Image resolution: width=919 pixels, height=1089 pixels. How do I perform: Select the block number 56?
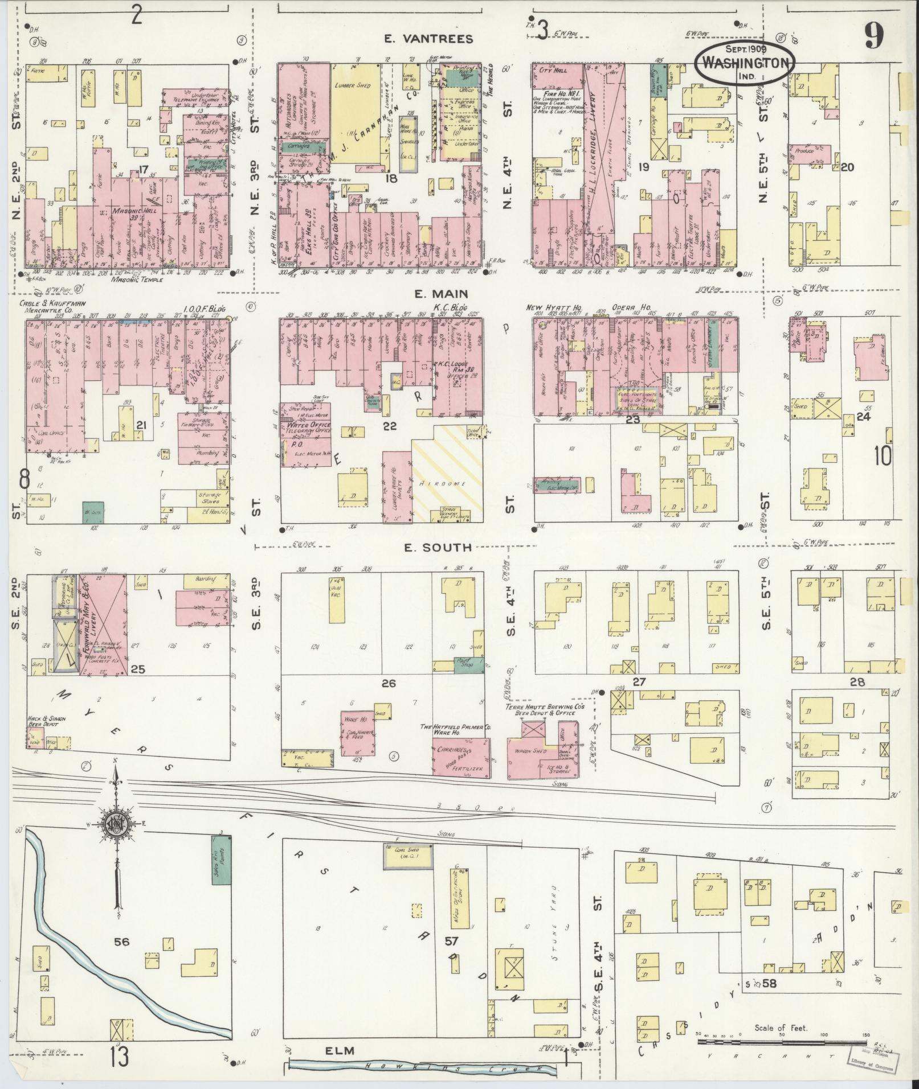click(x=121, y=942)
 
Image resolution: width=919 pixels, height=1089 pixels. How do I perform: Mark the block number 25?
click(x=138, y=669)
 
